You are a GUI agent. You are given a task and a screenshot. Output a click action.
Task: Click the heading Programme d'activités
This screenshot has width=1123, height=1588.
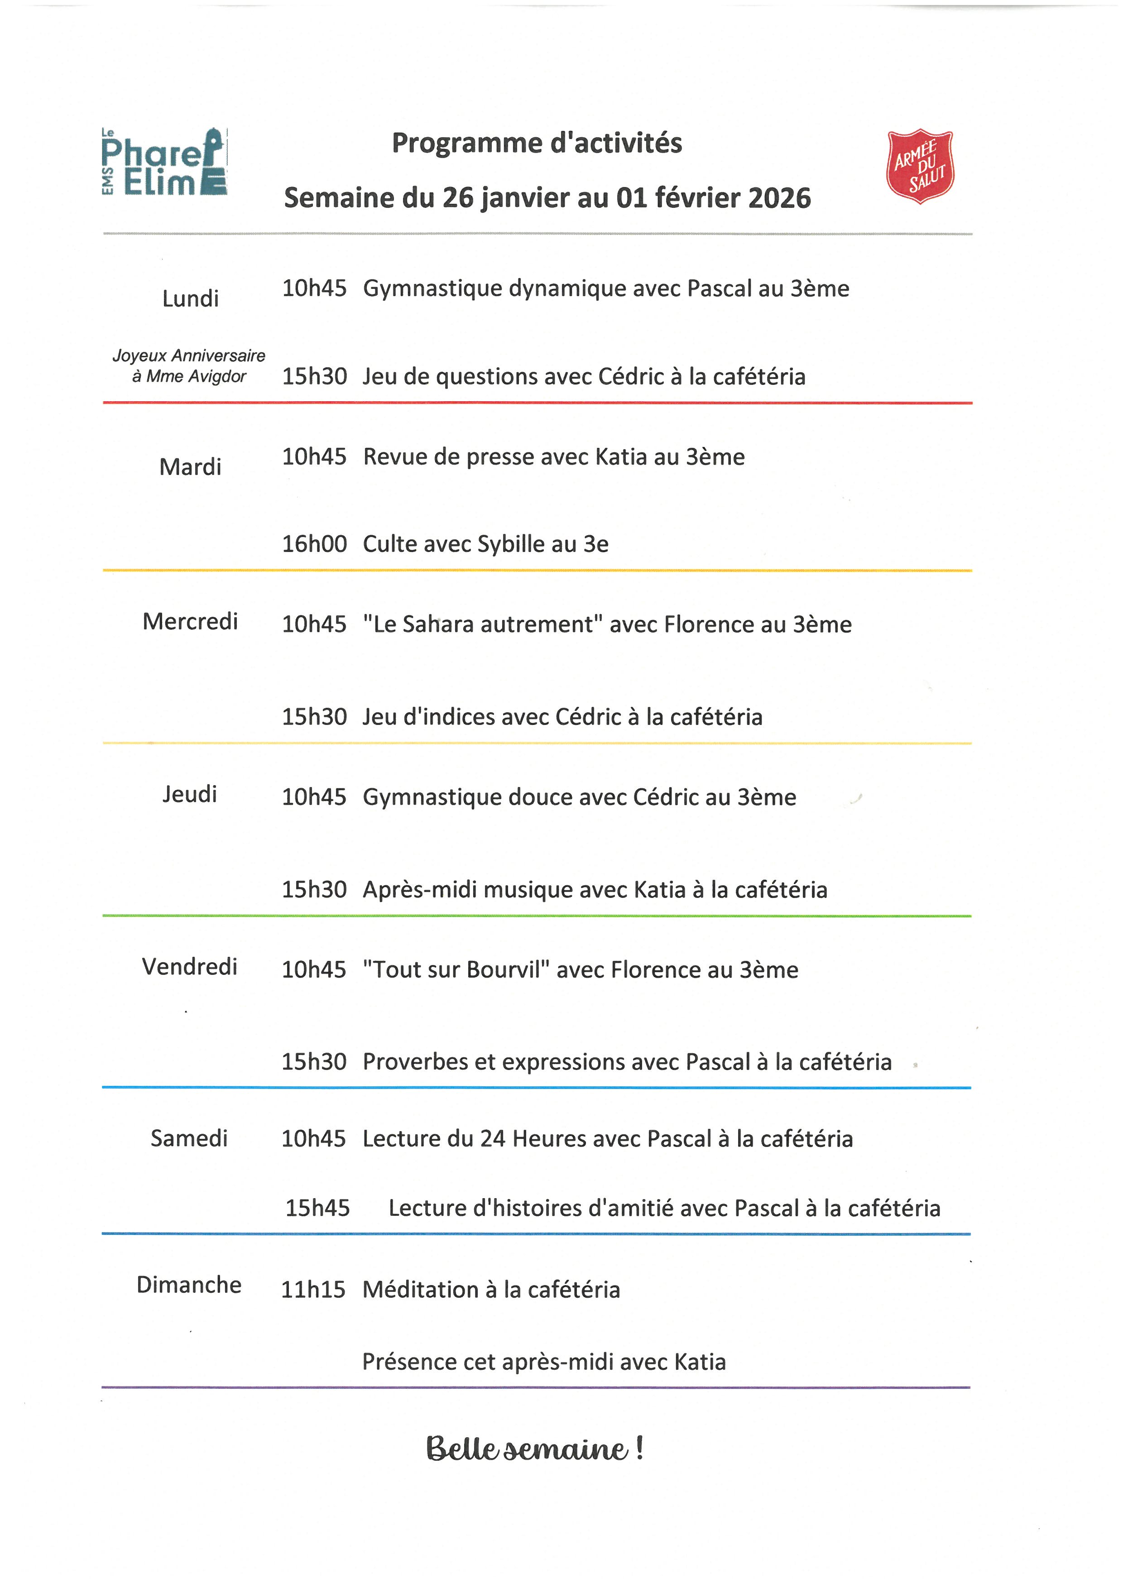click(x=537, y=143)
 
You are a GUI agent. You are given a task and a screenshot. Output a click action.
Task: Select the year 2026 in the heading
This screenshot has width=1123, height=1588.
click(x=779, y=198)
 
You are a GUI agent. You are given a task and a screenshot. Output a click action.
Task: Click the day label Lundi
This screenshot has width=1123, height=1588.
click(x=190, y=299)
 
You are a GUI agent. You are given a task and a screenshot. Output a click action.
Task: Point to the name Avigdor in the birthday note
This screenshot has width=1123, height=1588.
click(x=217, y=377)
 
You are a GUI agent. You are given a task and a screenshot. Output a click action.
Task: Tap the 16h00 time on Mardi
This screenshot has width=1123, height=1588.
click(x=314, y=544)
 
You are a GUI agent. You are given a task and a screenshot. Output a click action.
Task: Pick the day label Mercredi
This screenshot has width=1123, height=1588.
click(x=190, y=622)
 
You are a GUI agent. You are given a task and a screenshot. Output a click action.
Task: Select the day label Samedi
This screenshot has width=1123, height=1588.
click(x=189, y=1138)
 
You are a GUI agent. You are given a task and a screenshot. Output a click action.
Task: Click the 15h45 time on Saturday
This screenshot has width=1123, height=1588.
click(x=317, y=1208)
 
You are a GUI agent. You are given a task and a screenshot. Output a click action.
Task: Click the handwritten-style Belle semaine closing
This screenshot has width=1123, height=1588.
click(x=534, y=1448)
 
